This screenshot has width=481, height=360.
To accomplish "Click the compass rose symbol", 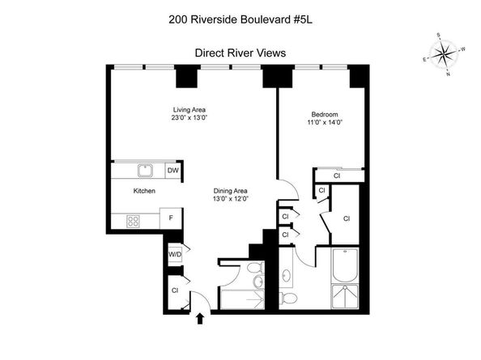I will (x=444, y=55).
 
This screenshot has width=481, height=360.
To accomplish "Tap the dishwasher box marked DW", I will (x=172, y=171).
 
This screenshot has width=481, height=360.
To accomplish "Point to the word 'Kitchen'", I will (x=144, y=192).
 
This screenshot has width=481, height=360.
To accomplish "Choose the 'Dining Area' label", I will (x=230, y=190).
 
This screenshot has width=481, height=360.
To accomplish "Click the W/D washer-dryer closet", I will (x=174, y=254).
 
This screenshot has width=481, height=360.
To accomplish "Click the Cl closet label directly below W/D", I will (x=174, y=290).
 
